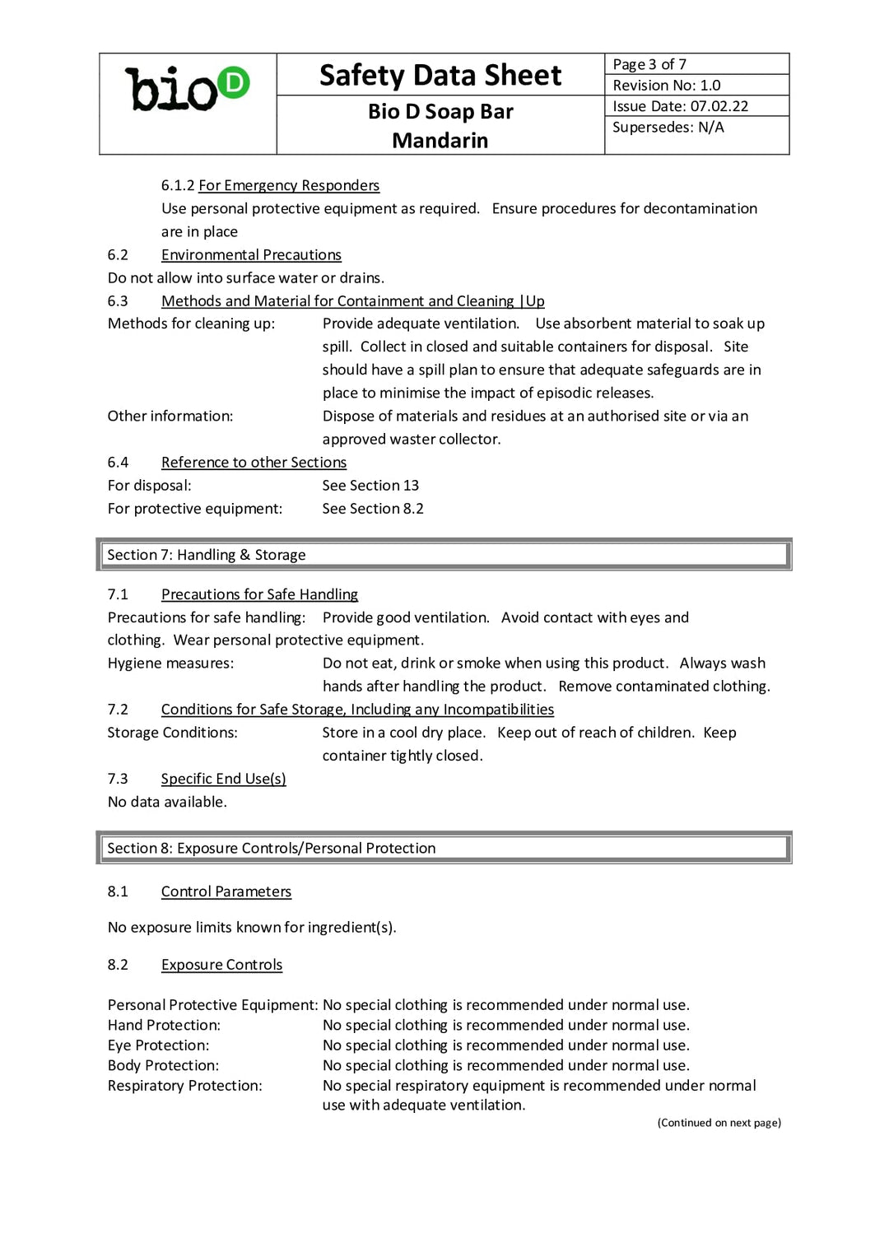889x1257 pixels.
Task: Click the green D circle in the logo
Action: pyautogui.click(x=234, y=82)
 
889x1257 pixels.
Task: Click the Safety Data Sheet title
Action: pyautogui.click(x=440, y=75)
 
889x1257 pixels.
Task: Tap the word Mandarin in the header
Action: pyautogui.click(x=440, y=140)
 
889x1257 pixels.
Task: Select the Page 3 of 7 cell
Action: pyautogui.click(x=696, y=64)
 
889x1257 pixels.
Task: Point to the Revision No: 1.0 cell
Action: pyautogui.click(x=696, y=85)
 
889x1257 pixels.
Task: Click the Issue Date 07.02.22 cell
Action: pyautogui.click(x=696, y=106)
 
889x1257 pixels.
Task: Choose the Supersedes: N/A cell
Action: pyautogui.click(x=696, y=128)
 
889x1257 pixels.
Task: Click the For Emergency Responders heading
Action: pyautogui.click(x=288, y=185)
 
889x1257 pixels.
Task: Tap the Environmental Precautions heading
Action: pyautogui.click(x=251, y=255)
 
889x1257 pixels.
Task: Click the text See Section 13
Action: pyautogui.click(x=370, y=486)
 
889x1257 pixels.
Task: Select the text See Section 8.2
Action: pyautogui.click(x=373, y=509)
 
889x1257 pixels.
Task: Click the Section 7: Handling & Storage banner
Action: pyautogui.click(x=444, y=555)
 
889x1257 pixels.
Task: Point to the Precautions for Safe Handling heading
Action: pyautogui.click(x=259, y=594)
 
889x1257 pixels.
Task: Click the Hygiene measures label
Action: pyautogui.click(x=170, y=663)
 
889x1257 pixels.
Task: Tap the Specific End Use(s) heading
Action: pyautogui.click(x=223, y=779)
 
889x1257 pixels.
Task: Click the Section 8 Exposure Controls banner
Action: pyautogui.click(x=444, y=848)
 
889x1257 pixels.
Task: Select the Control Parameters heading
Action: pyautogui.click(x=226, y=892)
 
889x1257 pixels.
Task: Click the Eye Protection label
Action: pyautogui.click(x=158, y=1045)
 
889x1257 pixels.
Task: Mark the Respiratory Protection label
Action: pyautogui.click(x=184, y=1086)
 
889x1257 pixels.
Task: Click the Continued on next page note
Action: pyautogui.click(x=719, y=1123)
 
